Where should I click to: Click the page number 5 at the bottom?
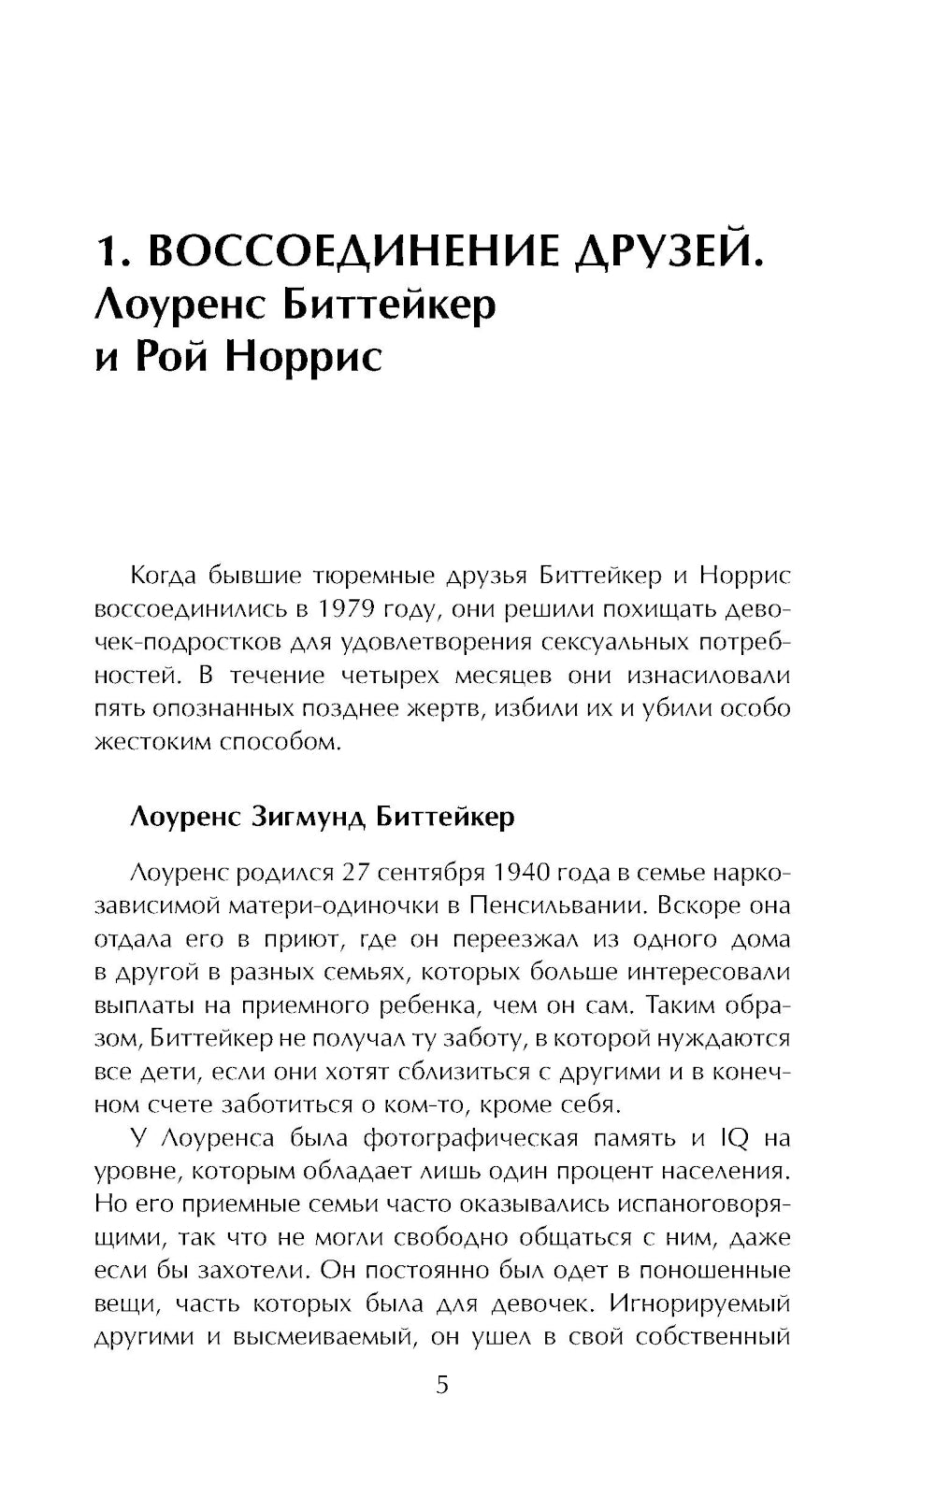[x=442, y=1384]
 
